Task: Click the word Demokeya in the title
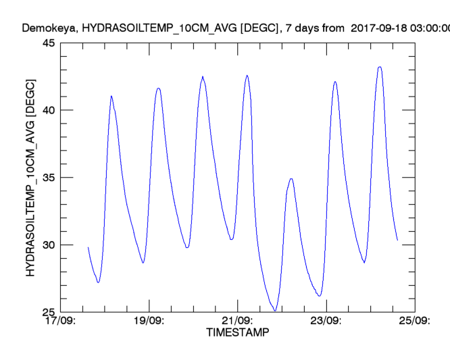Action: (45, 28)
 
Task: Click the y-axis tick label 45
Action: (49, 43)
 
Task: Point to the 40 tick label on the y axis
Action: (49, 110)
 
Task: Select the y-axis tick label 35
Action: (49, 178)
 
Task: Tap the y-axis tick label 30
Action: (49, 245)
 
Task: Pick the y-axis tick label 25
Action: (49, 312)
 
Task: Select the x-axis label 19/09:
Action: (149, 321)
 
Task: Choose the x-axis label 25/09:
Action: (414, 321)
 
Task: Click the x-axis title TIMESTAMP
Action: (237, 332)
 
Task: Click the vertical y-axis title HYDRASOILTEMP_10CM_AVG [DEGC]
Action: (30, 177)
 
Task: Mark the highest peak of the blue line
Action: (380, 67)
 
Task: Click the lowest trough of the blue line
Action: (275, 311)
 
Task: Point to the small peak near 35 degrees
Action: (291, 179)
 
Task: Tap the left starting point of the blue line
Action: (88, 247)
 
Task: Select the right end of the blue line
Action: (397, 240)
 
